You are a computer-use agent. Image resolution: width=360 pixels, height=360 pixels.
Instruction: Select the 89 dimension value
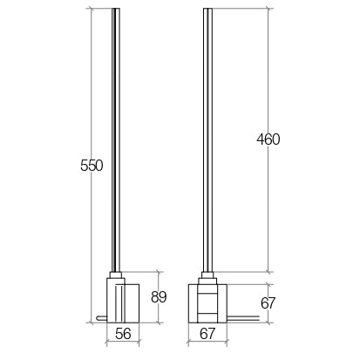tap(158, 297)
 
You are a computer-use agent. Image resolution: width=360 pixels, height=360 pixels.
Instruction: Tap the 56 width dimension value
tap(123, 333)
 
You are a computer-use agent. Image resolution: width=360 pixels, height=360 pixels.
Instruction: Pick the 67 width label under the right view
tap(208, 333)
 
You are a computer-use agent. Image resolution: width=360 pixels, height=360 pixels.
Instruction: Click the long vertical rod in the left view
tap(115, 131)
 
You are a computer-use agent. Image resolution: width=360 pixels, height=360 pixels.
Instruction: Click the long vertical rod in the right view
tap(207, 131)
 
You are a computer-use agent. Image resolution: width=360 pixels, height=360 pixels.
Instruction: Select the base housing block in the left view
tap(123, 301)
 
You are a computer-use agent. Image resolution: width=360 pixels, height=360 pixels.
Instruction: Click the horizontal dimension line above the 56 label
tap(123, 342)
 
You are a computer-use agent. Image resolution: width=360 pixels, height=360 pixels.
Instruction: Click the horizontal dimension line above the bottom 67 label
tap(207, 342)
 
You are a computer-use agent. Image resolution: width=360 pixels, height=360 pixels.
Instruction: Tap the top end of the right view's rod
tap(207, 11)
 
